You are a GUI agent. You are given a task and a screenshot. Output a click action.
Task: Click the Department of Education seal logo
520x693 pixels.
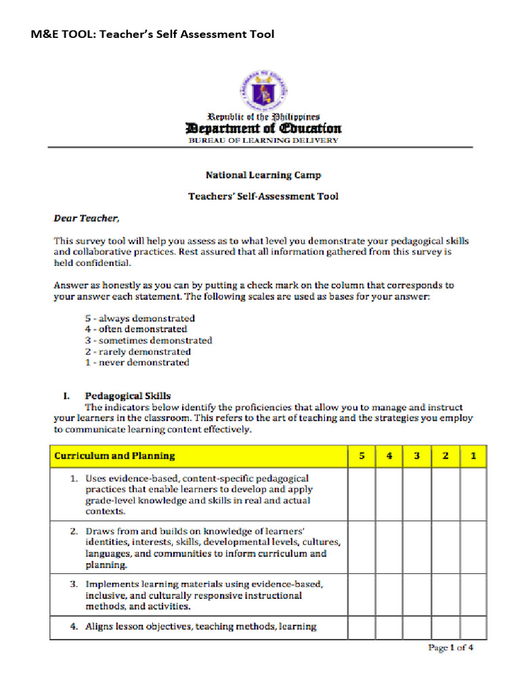[x=263, y=91]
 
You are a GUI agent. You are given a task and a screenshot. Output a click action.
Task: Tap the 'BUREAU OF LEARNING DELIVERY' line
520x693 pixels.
[x=263, y=140]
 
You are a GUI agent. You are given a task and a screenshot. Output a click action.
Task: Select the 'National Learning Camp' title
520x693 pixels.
[x=263, y=175]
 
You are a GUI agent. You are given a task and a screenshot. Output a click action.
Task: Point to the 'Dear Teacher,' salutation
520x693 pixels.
[x=86, y=218]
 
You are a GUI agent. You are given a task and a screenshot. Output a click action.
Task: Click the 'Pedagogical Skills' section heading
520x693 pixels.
[x=127, y=396]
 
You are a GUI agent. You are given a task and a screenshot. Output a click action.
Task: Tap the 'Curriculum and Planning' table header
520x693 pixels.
[x=114, y=456]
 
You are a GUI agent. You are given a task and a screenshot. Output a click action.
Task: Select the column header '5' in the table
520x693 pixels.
[x=362, y=456]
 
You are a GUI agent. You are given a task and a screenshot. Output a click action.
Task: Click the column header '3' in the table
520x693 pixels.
[x=418, y=456]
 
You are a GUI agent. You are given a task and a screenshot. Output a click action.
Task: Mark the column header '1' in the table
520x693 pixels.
[x=473, y=456]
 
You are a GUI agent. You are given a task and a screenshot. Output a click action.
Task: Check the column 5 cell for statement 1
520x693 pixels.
[x=362, y=494]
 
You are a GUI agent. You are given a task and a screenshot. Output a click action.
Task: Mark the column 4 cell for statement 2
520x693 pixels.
[x=390, y=547]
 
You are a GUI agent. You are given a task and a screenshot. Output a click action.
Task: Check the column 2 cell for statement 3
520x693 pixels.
[x=446, y=596]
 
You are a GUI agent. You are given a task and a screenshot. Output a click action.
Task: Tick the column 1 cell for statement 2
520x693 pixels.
[x=473, y=547]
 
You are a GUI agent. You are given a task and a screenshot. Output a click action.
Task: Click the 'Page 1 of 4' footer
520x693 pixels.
[x=450, y=648]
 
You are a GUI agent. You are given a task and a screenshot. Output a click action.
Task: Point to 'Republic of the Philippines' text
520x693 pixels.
[x=263, y=117]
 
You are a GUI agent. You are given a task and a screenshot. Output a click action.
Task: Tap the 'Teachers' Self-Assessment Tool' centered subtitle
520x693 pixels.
[x=263, y=196]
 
